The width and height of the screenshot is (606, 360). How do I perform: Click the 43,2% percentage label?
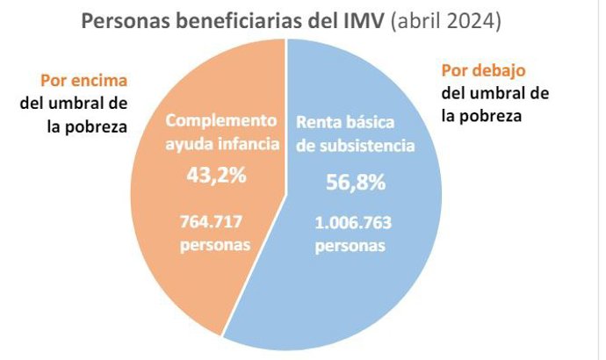216,176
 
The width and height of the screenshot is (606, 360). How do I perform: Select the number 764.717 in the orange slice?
216,221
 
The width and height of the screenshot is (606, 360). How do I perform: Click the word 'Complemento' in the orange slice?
221,120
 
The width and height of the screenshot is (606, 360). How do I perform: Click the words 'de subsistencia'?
354,146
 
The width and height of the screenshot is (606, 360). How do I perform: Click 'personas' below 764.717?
216,244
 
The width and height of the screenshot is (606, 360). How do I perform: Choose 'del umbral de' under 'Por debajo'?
495,93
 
